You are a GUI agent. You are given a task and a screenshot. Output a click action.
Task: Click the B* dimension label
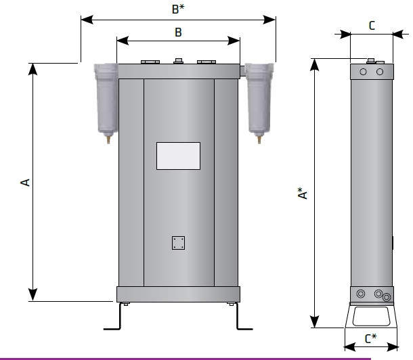(178, 9)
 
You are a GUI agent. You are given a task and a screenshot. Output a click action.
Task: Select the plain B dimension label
(178, 32)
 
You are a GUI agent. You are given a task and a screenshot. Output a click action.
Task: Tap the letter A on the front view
(25, 183)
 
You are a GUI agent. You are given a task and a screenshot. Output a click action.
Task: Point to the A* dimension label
(303, 194)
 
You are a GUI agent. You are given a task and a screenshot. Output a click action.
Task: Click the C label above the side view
(372, 26)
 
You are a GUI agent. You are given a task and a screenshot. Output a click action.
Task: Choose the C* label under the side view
(371, 338)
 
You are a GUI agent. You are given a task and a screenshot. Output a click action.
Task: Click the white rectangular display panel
(178, 156)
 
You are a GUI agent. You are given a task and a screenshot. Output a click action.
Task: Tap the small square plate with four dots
(178, 243)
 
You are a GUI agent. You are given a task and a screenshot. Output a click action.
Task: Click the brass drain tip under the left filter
(108, 139)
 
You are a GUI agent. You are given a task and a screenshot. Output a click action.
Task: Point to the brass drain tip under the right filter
(259, 139)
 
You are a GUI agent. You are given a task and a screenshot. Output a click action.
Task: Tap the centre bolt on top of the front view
(178, 61)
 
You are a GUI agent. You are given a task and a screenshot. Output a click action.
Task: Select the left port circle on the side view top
(363, 72)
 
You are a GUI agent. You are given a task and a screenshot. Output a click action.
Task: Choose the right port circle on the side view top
(380, 72)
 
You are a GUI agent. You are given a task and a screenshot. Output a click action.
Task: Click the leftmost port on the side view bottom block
(361, 294)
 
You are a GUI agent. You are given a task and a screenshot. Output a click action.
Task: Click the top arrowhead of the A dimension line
(32, 69)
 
